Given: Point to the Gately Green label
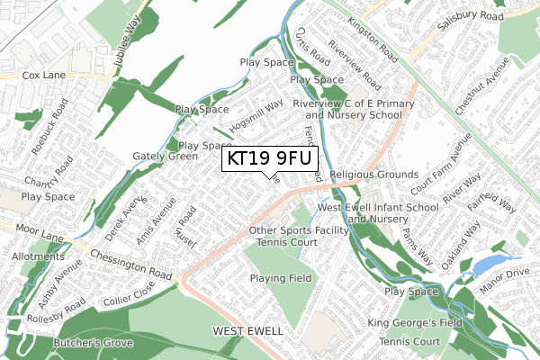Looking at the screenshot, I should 165,156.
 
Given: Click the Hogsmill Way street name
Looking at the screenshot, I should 256,116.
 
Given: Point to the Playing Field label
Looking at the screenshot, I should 281,279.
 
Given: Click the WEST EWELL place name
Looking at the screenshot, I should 247,332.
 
